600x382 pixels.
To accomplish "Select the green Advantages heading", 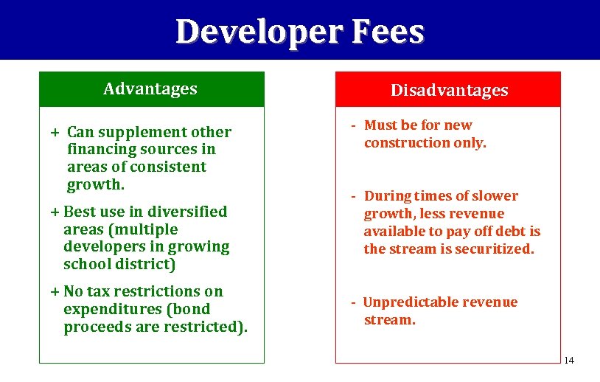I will click(x=150, y=89).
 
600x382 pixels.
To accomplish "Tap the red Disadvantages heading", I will click(x=449, y=90).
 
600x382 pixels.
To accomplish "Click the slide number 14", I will click(x=568, y=360).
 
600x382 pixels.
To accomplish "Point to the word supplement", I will click(x=145, y=133).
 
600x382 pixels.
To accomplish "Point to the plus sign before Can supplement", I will click(x=55, y=133).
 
